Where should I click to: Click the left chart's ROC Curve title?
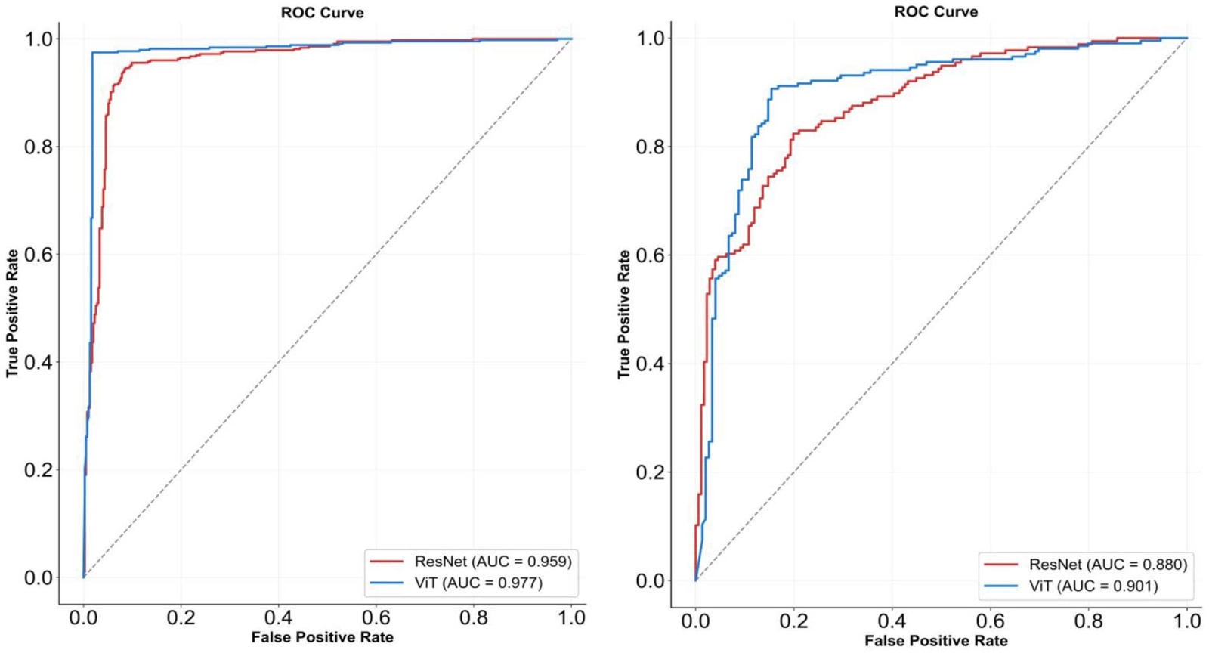[x=322, y=13]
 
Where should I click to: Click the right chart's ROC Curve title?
[x=935, y=12]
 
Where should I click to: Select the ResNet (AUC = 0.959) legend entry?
[x=493, y=562]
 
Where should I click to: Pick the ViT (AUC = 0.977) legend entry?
[x=478, y=583]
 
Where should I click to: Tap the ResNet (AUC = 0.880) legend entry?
[x=1108, y=565]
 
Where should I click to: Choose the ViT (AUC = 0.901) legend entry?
[x=1093, y=586]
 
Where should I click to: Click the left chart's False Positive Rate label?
[x=322, y=637]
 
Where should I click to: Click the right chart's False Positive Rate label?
[x=935, y=641]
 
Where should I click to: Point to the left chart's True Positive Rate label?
[x=12, y=313]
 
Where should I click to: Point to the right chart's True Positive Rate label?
[x=623, y=314]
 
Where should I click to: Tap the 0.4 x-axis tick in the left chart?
[x=278, y=617]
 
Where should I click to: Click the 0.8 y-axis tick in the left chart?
[x=39, y=147]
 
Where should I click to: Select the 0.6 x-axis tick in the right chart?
[x=990, y=621]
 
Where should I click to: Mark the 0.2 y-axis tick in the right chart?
[x=651, y=472]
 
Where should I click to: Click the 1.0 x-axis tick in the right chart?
[x=1186, y=621]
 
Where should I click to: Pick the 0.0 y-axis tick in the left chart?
[x=39, y=578]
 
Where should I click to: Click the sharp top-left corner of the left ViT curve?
[x=92, y=53]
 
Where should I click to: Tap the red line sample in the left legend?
[x=386, y=562]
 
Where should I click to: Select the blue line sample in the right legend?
[x=1000, y=586]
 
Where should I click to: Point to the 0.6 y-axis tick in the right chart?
[x=651, y=255]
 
